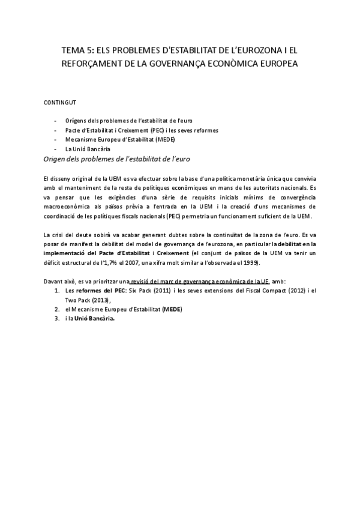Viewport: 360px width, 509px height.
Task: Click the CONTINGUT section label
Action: (x=59, y=103)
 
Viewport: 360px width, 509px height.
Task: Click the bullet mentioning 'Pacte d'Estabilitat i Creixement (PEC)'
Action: (x=142, y=130)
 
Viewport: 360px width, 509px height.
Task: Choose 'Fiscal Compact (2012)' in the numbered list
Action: (x=278, y=291)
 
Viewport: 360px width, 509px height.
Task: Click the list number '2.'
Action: (x=57, y=309)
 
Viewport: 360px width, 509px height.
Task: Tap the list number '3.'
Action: (x=57, y=319)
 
